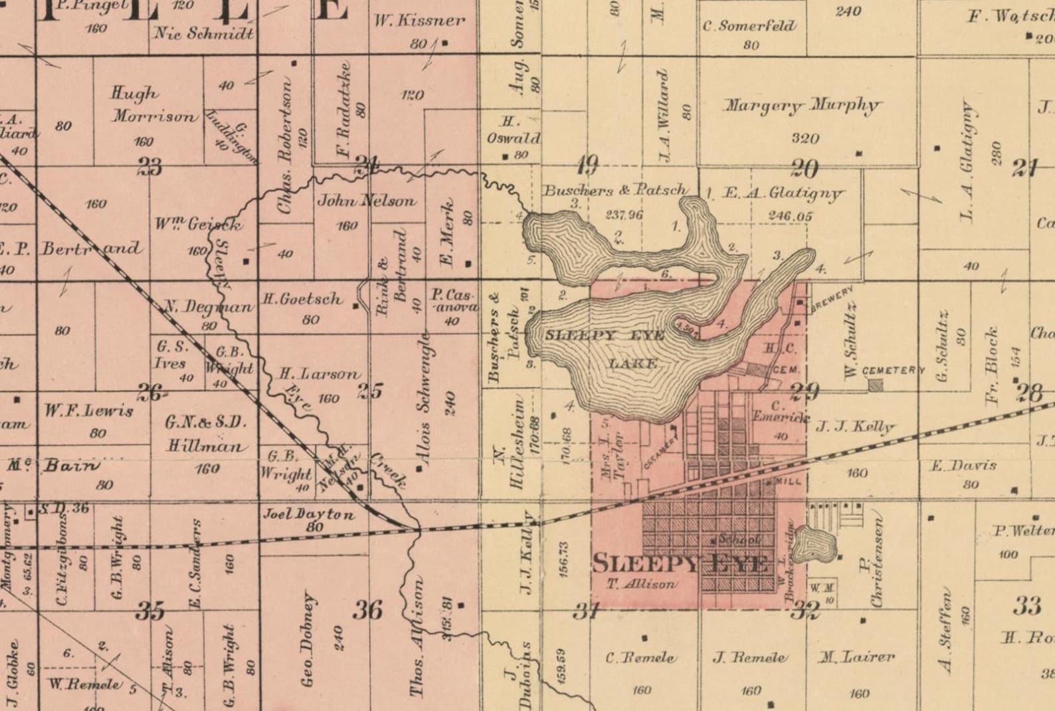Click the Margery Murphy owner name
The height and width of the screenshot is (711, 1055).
pos(802,106)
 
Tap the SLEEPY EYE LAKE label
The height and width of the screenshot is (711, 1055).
pos(605,348)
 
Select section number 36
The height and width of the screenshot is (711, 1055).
pos(367,609)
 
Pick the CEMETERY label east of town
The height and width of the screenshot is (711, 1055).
pos(893,370)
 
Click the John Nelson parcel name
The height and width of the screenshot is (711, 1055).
pos(367,200)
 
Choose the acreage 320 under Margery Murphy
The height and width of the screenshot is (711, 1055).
pos(805,139)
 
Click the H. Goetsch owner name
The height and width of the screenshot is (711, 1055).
pos(303,300)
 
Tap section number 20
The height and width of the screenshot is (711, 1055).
pos(804,169)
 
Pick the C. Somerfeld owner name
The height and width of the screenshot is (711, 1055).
pos(749,27)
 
